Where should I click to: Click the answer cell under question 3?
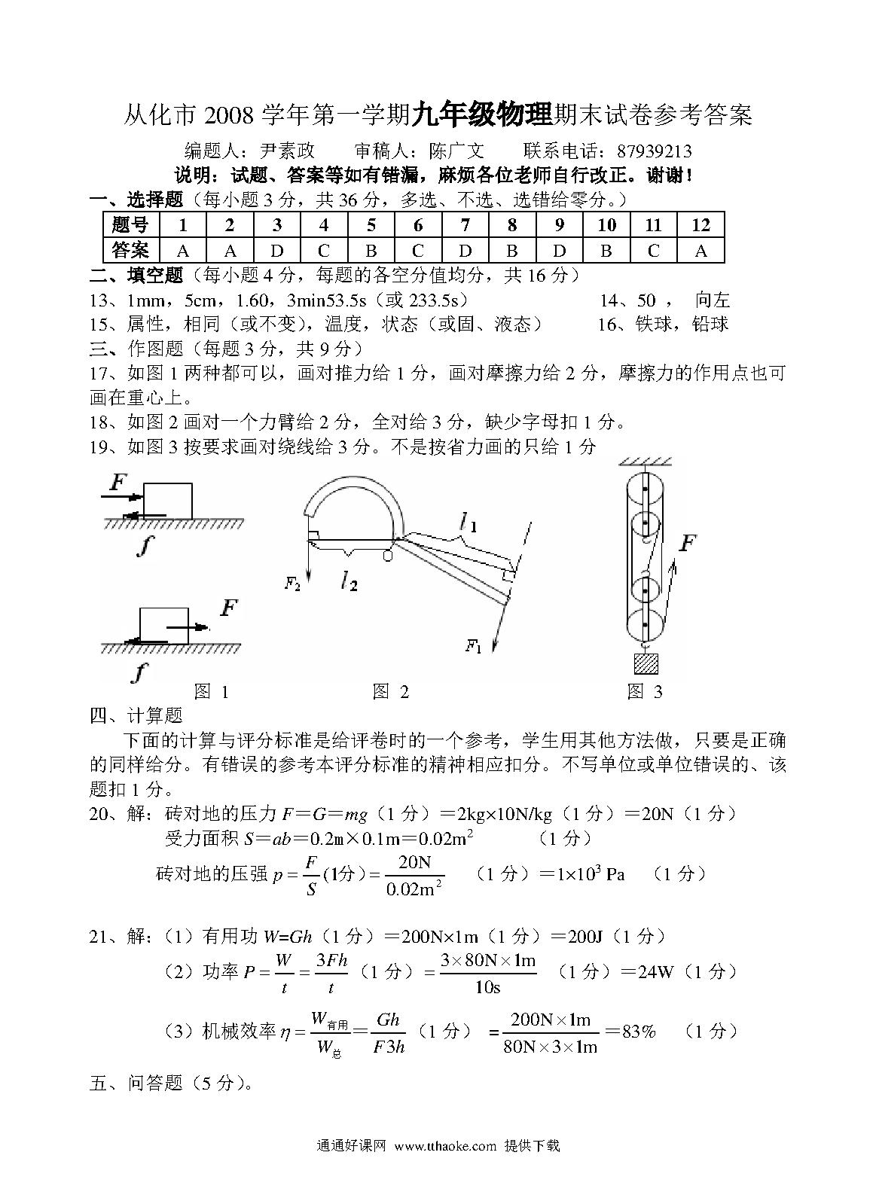(276, 251)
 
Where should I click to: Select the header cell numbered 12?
(700, 225)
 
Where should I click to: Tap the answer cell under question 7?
(465, 251)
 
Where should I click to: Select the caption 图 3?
(645, 691)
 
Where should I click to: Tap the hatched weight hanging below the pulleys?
(646, 663)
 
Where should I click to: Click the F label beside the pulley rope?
(686, 542)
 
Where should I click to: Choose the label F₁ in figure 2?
(473, 645)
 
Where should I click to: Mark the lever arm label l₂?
(348, 581)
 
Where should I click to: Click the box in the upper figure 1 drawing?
(167, 501)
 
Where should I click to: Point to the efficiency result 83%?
(639, 1031)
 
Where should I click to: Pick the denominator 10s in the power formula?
(487, 987)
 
